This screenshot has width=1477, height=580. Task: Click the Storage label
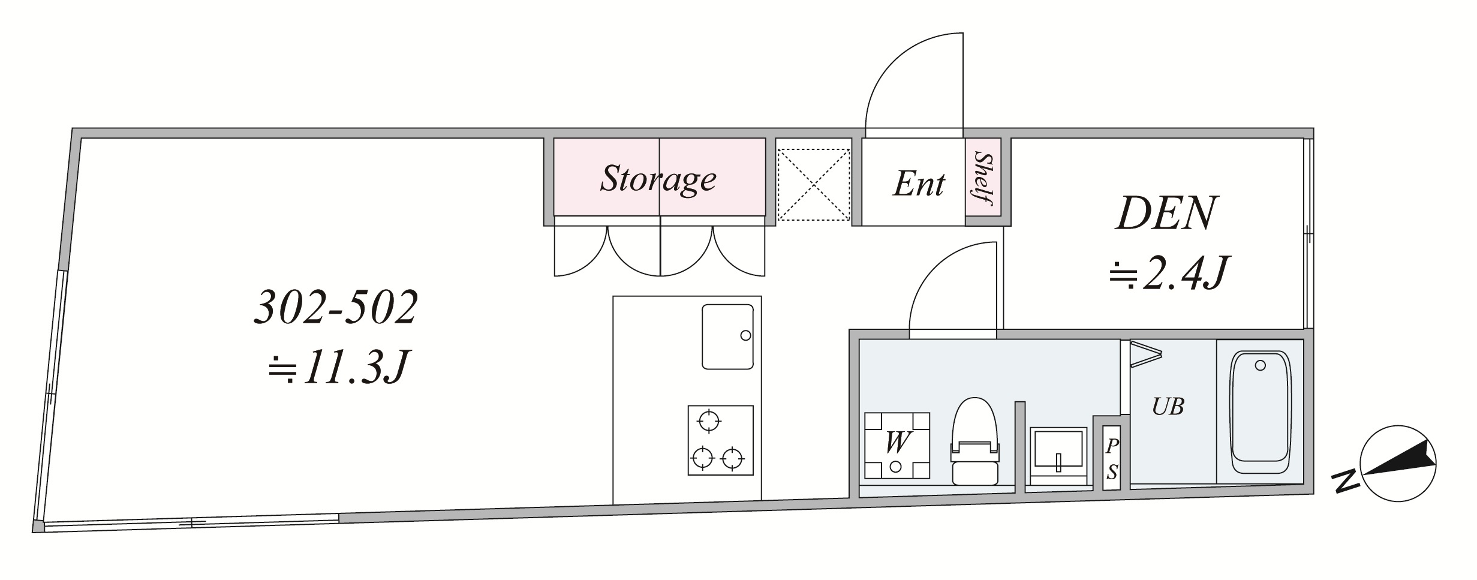click(658, 179)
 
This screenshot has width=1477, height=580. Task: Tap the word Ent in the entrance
click(919, 184)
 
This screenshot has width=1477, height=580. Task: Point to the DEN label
click(1166, 214)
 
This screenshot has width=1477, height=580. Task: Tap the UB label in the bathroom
click(1168, 407)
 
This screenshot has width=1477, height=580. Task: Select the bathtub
click(1260, 413)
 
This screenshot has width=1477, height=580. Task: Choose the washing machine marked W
click(897, 445)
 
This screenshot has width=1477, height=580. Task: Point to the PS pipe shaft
click(1111, 459)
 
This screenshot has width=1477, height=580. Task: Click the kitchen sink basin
click(727, 336)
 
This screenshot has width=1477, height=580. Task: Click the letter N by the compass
click(1346, 481)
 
